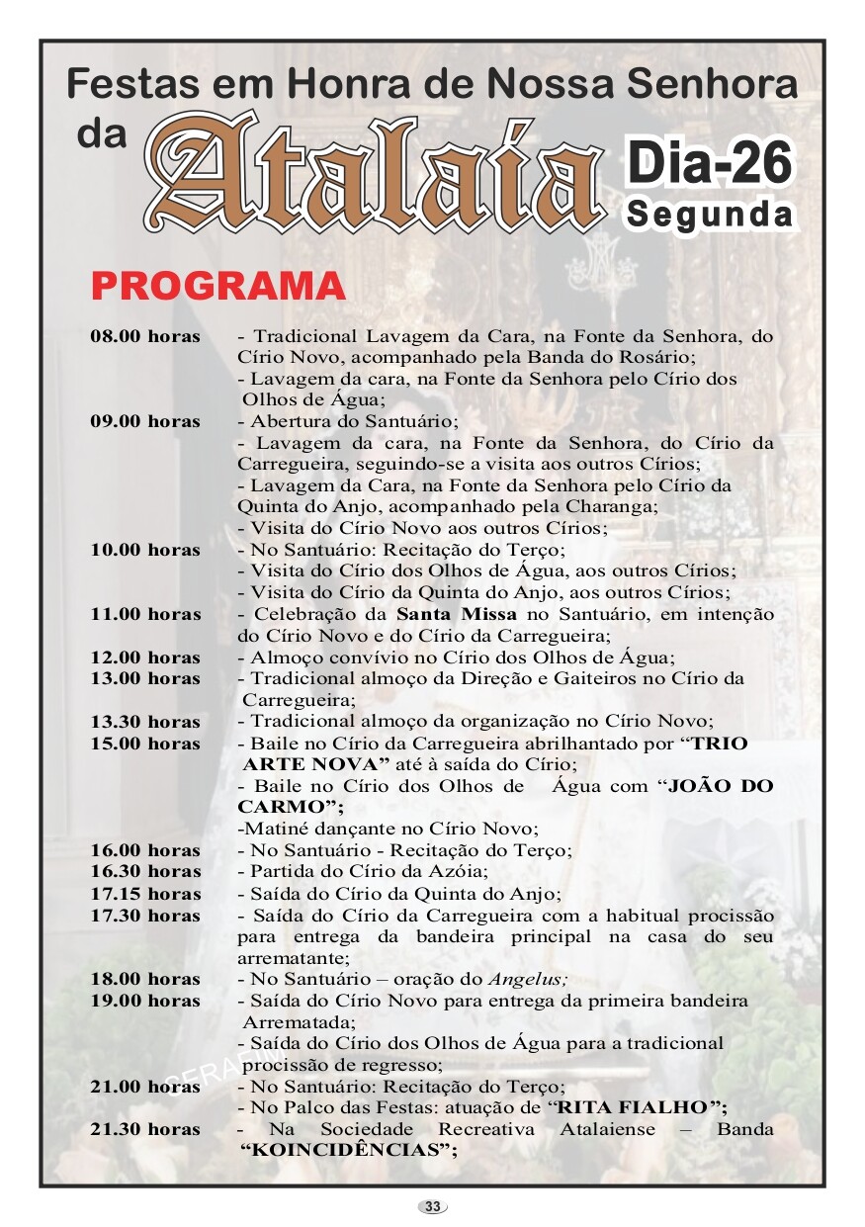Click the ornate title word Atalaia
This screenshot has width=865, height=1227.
376,173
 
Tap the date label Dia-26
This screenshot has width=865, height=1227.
709,163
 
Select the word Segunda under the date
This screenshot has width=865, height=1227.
709,214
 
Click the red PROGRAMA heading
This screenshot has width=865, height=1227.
218,286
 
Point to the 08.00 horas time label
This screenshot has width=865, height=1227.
145,336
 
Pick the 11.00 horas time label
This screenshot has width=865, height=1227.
145,614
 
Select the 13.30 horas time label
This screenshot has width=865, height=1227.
145,722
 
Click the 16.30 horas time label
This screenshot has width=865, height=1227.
145,871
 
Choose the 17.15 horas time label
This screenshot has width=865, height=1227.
145,894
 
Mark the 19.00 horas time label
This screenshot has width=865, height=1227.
145,1001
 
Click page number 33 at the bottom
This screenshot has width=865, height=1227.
433,1206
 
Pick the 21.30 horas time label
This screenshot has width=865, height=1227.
145,1129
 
